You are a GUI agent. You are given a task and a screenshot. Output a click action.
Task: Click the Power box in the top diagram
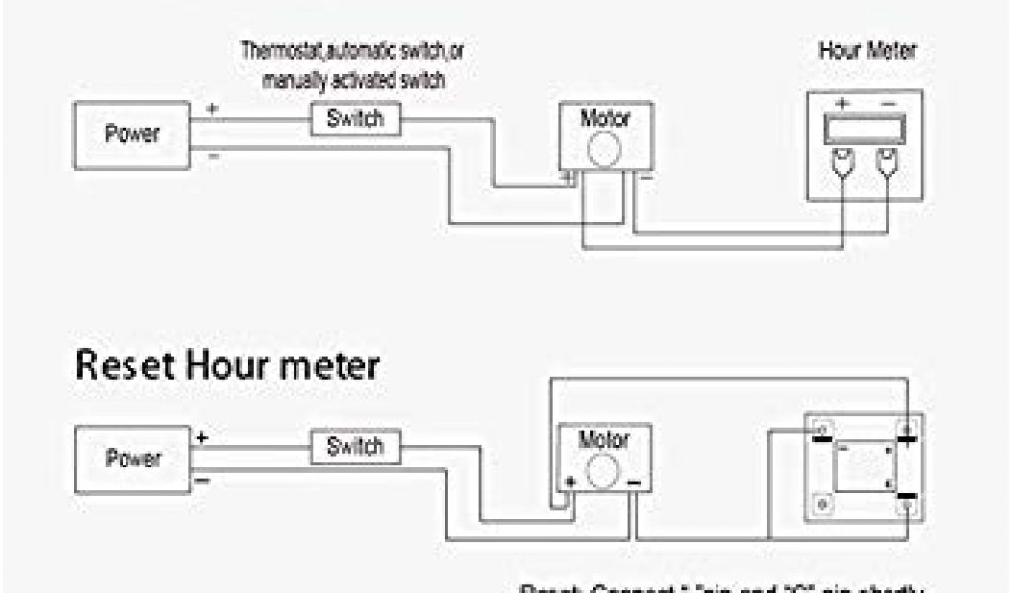click(131, 133)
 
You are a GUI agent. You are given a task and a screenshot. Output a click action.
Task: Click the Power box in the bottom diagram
click(131, 459)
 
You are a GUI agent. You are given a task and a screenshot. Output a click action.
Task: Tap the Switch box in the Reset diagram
click(355, 446)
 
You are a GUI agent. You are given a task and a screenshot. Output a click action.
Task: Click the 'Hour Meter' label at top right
click(867, 51)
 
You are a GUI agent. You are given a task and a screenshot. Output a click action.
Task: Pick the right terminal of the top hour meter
click(888, 162)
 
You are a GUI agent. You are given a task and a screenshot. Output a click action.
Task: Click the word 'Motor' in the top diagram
click(604, 119)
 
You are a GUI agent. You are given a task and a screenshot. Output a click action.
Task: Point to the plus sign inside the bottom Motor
click(570, 481)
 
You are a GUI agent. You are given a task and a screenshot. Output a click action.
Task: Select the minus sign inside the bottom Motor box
click(634, 482)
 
